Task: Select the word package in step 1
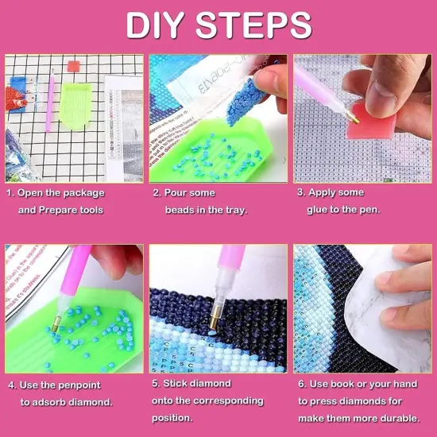[84, 193]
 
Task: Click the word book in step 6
[345, 385]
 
